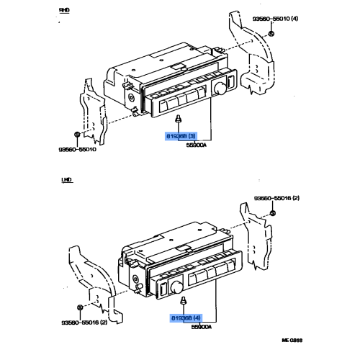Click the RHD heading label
64,10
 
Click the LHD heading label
66,180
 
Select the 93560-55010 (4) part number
275,19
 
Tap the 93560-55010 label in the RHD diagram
78,149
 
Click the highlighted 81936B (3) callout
181,136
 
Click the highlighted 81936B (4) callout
186,318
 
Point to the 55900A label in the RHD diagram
197,145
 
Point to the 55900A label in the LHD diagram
202,327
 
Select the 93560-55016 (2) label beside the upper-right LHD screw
276,198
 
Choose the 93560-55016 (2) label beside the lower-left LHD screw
84,323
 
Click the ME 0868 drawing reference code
292,340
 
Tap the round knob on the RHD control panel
220,88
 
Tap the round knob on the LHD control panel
176,287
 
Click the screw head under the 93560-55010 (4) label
271,34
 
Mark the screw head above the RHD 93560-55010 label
77,135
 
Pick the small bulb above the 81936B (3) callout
179,118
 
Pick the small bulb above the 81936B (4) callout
184,300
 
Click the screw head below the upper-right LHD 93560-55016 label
273,213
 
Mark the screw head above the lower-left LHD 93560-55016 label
80,307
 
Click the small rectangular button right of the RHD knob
230,81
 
